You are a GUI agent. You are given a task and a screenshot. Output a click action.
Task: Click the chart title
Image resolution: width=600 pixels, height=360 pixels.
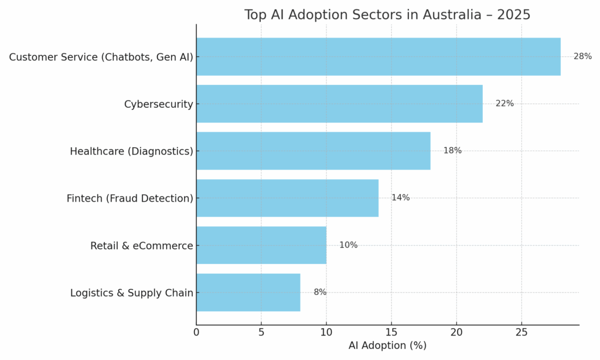pos(387,15)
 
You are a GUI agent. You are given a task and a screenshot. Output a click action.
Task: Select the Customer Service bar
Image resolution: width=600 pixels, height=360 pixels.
pos(378,57)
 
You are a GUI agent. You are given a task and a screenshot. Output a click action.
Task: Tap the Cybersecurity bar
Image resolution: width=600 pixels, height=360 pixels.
pos(339,104)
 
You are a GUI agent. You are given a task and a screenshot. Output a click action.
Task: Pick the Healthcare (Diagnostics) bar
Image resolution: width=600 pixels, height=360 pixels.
pos(313,151)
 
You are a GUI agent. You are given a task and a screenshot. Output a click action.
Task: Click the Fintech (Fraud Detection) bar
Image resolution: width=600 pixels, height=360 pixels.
pos(287,198)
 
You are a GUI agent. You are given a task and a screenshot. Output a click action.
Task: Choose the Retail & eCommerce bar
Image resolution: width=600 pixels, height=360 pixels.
pos(261,245)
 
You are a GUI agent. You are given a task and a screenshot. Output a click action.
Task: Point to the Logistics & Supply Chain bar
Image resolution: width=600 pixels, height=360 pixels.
pos(248,293)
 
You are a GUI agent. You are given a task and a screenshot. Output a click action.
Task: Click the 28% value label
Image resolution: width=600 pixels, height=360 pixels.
pos(582,57)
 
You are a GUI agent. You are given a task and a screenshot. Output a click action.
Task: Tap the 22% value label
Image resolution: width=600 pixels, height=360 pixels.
pos(504,104)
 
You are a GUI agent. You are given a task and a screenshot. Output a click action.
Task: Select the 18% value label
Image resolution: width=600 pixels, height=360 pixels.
pos(452,151)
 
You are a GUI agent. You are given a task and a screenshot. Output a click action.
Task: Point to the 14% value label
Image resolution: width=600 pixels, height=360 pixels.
pos(400,198)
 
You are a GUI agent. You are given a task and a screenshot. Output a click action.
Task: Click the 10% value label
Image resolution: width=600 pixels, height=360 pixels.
pos(348,245)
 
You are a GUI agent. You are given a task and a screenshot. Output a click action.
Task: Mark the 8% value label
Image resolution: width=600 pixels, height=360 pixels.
pos(320,293)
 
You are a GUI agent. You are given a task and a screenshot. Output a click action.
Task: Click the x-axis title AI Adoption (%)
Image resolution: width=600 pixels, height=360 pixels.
pos(387,346)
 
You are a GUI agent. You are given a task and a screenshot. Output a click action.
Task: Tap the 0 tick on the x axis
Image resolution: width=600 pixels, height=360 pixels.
pos(196,332)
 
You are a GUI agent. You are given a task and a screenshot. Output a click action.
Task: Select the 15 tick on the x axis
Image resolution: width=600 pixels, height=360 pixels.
pos(391,332)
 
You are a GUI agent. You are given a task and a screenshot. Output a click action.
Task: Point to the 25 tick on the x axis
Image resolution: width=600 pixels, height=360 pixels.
pos(521,332)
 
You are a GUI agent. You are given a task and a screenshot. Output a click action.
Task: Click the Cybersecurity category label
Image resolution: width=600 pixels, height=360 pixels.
pos(158,104)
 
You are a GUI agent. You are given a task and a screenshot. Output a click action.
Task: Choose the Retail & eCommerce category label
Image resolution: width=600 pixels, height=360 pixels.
pos(141,246)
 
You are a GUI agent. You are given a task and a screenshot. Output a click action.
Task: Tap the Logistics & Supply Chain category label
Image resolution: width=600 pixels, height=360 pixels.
pos(131,293)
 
